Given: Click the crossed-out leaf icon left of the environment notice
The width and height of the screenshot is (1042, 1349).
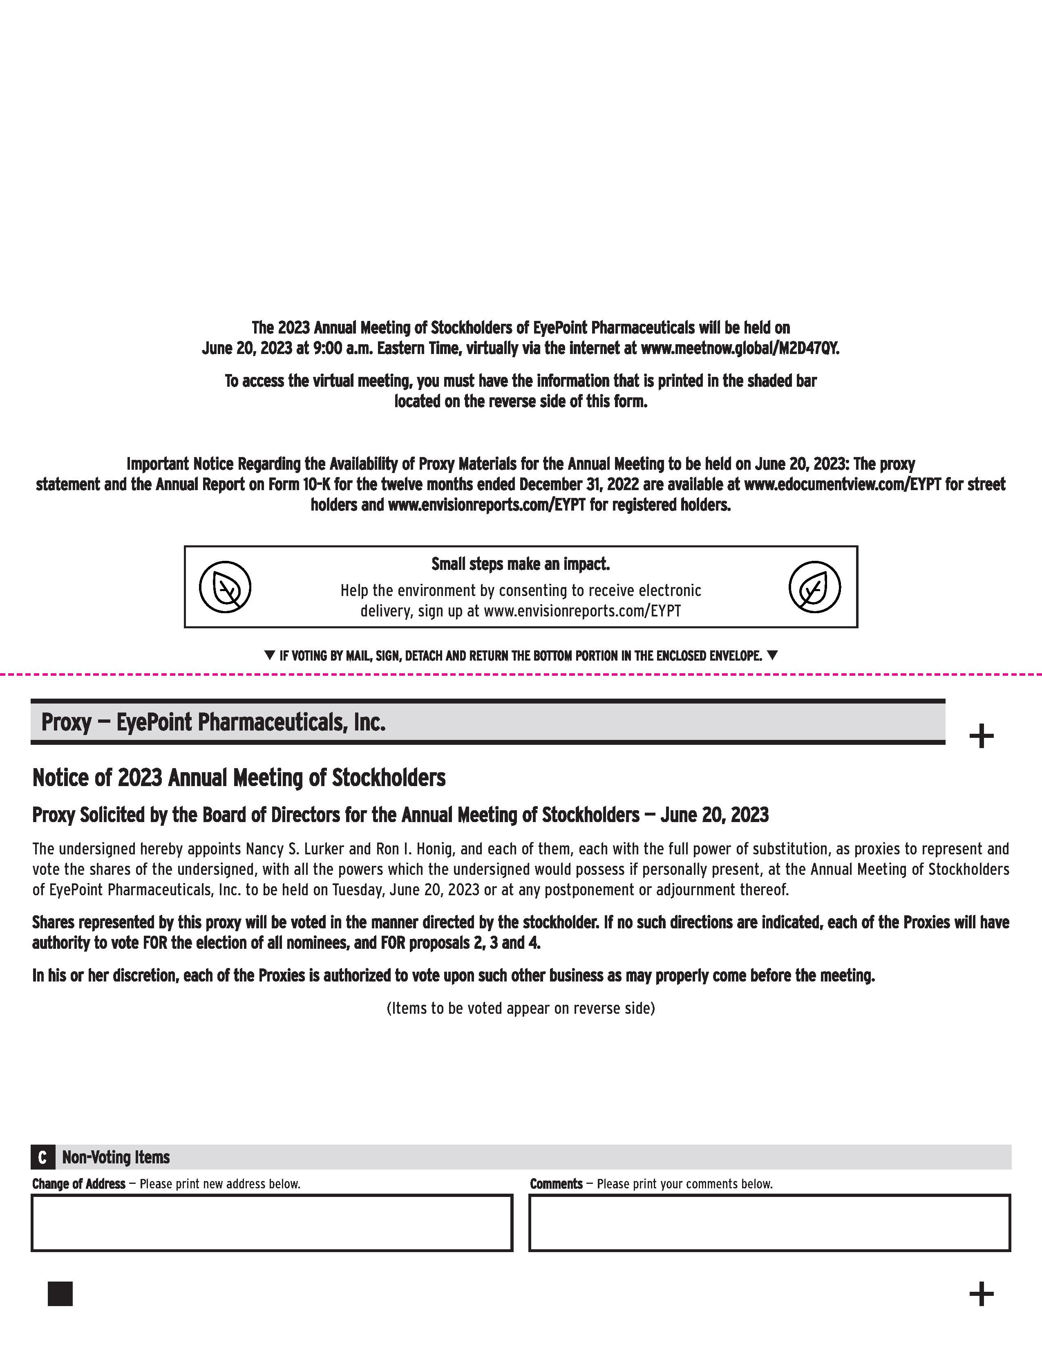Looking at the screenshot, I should tap(225, 587).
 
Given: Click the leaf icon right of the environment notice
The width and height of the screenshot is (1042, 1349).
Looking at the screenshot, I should tap(814, 587).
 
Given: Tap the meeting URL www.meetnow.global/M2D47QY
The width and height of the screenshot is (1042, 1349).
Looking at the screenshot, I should tap(740, 348).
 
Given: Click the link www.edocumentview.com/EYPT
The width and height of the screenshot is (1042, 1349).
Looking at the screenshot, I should tap(843, 484).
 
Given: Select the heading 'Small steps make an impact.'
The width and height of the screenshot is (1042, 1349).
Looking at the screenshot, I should tap(520, 564).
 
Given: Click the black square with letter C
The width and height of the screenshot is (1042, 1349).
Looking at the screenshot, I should tap(42, 1157).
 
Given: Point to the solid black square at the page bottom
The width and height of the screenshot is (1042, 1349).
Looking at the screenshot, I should tap(60, 1293).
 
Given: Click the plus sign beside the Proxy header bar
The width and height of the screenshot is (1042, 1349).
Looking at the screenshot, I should tap(981, 736).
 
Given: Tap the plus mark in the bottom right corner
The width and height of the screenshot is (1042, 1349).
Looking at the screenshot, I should tap(981, 1293).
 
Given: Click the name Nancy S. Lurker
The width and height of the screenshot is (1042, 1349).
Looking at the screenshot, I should tap(291, 849).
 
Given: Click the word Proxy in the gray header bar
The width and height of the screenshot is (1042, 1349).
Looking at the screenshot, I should tap(66, 722).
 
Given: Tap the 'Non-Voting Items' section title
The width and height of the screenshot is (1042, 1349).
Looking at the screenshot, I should tap(116, 1157).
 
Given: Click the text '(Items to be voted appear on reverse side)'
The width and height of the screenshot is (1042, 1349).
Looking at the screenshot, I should tap(520, 1008).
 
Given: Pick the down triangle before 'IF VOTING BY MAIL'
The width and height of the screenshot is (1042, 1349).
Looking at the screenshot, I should tap(269, 655).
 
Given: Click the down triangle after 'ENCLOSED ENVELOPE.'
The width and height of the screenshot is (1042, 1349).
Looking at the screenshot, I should tap(771, 655).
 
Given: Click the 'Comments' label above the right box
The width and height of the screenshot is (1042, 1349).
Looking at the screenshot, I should tap(556, 1184).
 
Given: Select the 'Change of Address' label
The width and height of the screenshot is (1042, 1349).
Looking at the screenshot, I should tap(78, 1184).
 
